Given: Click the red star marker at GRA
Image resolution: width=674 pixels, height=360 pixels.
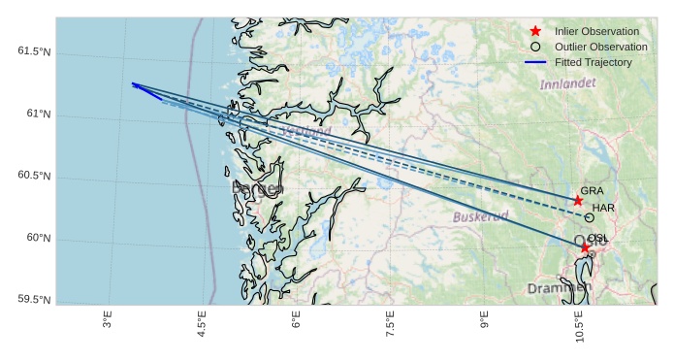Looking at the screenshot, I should pos(578,201).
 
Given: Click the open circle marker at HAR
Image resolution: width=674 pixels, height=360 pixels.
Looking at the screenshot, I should pos(589,218).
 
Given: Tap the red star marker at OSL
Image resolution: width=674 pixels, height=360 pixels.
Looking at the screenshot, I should pos(585,248).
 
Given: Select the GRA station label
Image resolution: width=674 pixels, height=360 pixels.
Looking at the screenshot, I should pos(592,191).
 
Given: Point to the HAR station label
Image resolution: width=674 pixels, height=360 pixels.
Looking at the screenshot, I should pos(603,208).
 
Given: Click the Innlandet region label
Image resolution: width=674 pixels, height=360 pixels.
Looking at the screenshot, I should pos(567,84).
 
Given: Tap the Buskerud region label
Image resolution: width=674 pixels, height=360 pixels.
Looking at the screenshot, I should pos(480,216).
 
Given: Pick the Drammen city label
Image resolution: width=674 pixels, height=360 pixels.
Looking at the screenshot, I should pos(559,288).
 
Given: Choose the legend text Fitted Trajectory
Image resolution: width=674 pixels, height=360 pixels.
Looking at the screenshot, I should pos(593,62).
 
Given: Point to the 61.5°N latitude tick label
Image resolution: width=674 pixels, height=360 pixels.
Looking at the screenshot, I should pos(34,50).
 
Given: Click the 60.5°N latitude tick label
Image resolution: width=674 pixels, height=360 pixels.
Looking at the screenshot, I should pos(34,176).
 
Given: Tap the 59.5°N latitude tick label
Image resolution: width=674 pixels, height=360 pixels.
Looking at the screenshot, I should pos(34,300).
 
